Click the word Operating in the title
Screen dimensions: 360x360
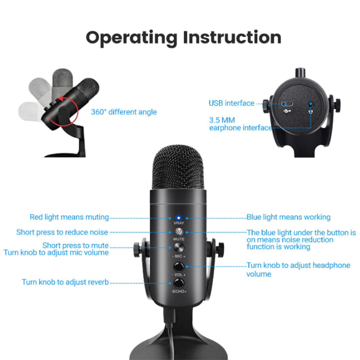coord(131,38)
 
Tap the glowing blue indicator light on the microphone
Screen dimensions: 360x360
coord(178,218)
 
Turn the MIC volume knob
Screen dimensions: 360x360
coord(179,248)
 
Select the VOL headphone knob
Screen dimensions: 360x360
coord(179,267)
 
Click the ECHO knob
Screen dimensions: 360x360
coord(179,283)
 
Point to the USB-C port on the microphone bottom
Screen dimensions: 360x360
coord(287,104)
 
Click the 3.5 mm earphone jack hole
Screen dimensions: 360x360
coord(310,105)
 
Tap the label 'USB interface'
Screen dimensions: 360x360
coord(231,103)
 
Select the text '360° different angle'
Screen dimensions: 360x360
coord(124,112)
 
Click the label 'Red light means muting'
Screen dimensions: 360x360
coord(69,217)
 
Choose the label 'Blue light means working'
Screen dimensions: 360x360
coord(288,217)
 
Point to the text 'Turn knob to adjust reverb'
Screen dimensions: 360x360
coord(65,282)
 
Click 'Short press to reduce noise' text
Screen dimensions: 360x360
coord(62,232)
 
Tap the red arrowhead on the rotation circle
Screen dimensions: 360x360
coord(61,99)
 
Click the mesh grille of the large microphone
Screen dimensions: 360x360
coord(178,167)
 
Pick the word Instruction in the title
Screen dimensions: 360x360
coord(232,37)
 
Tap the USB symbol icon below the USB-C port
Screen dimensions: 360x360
coord(287,111)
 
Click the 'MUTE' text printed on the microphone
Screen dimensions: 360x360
coord(179,239)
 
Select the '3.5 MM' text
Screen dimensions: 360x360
coord(222,120)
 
